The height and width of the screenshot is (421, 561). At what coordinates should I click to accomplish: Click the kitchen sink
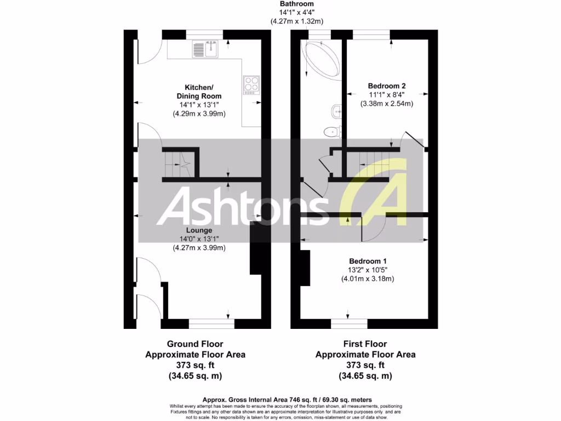[205, 50]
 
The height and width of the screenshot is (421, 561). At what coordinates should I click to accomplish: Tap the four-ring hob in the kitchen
[251, 84]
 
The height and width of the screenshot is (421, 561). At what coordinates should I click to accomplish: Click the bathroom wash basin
[336, 112]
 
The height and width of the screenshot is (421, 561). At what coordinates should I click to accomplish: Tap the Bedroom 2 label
[386, 86]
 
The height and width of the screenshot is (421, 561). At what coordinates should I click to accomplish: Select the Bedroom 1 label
[367, 261]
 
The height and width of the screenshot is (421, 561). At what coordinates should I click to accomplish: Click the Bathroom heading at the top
[296, 4]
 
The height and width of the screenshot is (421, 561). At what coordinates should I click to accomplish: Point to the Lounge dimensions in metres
[198, 247]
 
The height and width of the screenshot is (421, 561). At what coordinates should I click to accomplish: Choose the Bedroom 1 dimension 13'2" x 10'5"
[367, 270]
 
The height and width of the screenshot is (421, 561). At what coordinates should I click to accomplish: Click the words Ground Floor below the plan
[195, 344]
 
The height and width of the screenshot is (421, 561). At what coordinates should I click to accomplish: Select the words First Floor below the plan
[365, 344]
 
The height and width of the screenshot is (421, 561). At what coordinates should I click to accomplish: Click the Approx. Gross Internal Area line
[280, 399]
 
